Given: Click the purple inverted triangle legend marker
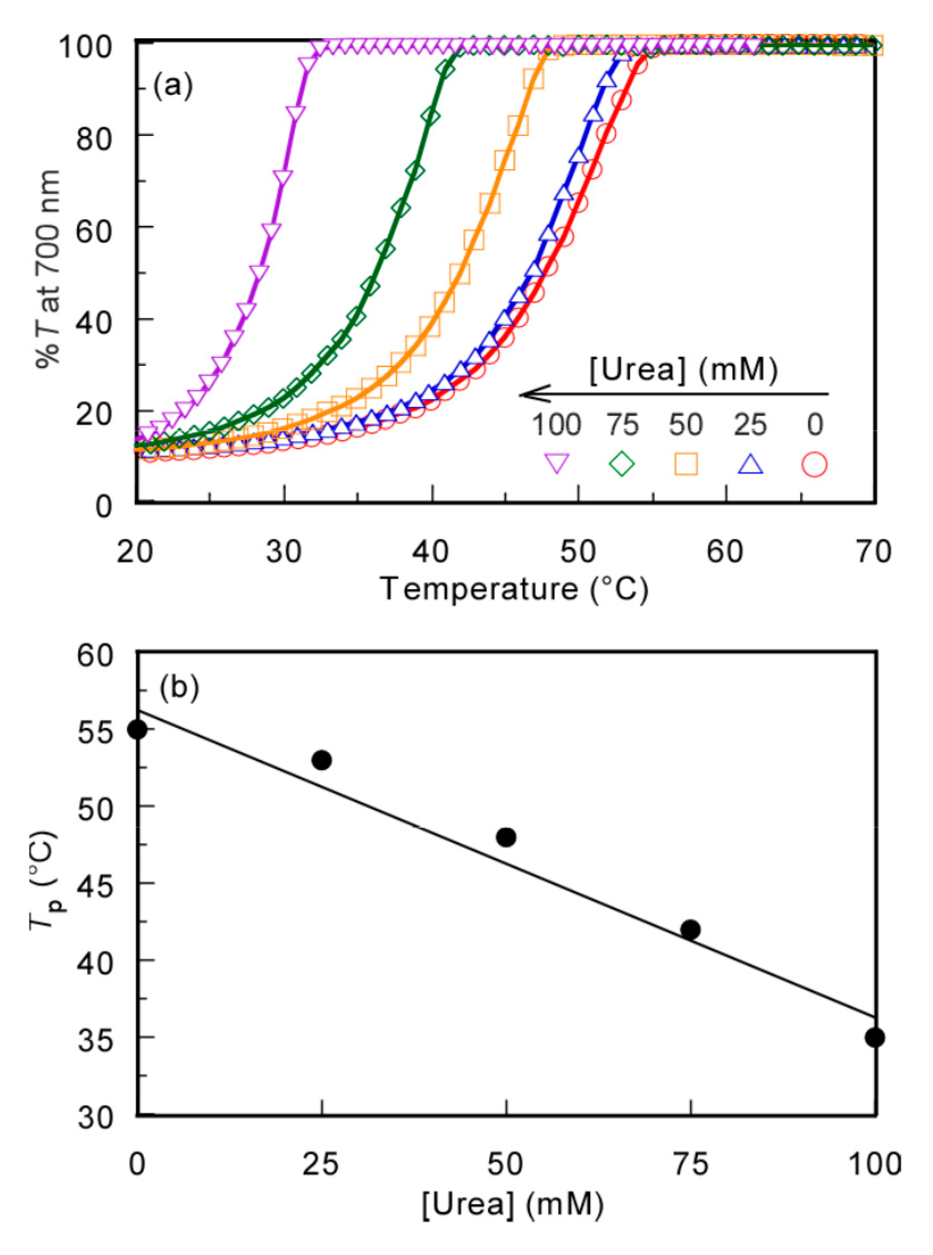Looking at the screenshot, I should [x=556, y=464].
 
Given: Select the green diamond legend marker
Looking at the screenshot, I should [x=621, y=464].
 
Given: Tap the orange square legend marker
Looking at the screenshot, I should [x=686, y=464].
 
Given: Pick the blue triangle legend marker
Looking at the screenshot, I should [x=751, y=464].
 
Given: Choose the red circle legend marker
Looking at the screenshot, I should [x=814, y=465].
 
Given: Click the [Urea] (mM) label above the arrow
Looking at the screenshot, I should [x=684, y=370].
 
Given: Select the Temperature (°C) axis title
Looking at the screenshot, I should [x=514, y=589].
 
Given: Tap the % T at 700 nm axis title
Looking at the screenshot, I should [x=48, y=270].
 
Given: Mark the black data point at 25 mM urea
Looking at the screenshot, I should [x=322, y=760].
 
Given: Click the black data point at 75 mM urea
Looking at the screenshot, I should [x=690, y=929].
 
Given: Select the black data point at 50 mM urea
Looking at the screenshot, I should [x=506, y=837].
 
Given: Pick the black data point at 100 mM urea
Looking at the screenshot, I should [x=875, y=1037].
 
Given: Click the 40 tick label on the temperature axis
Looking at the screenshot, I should [x=432, y=551].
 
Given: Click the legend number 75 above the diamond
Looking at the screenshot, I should [x=623, y=425].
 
